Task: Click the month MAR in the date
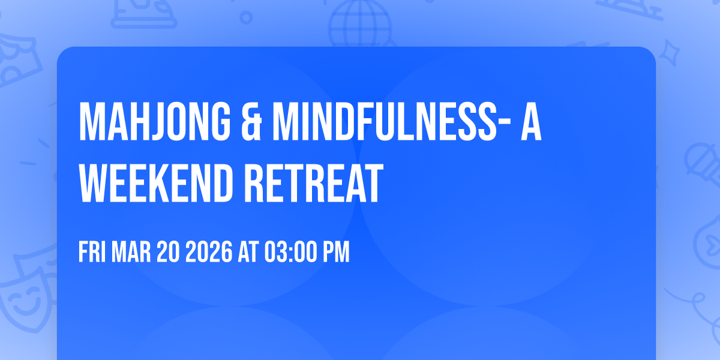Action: (x=132, y=252)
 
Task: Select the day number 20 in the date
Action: (x=169, y=252)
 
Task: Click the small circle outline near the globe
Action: (x=246, y=18)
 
